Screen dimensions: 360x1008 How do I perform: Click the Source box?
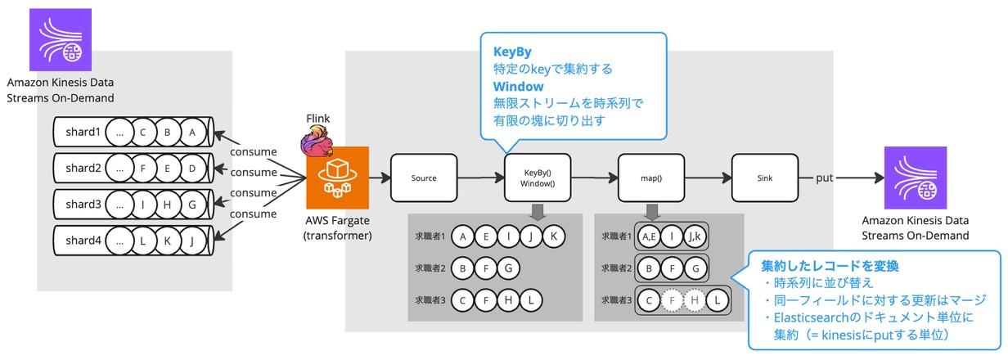(x=423, y=178)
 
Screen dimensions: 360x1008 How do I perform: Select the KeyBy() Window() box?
(x=537, y=178)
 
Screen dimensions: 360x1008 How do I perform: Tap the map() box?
(x=650, y=178)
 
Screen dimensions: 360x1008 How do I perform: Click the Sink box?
(x=763, y=178)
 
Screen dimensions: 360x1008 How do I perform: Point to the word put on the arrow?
(x=826, y=178)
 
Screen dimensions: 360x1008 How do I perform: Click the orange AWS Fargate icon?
(x=337, y=178)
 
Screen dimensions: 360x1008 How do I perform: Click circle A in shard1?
(x=192, y=131)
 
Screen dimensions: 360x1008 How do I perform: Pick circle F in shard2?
(x=144, y=168)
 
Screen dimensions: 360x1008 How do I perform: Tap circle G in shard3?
(x=192, y=205)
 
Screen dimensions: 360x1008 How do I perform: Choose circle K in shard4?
(x=168, y=241)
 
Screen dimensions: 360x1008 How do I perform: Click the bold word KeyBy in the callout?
(x=508, y=51)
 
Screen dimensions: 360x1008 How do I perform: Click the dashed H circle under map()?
(x=695, y=300)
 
